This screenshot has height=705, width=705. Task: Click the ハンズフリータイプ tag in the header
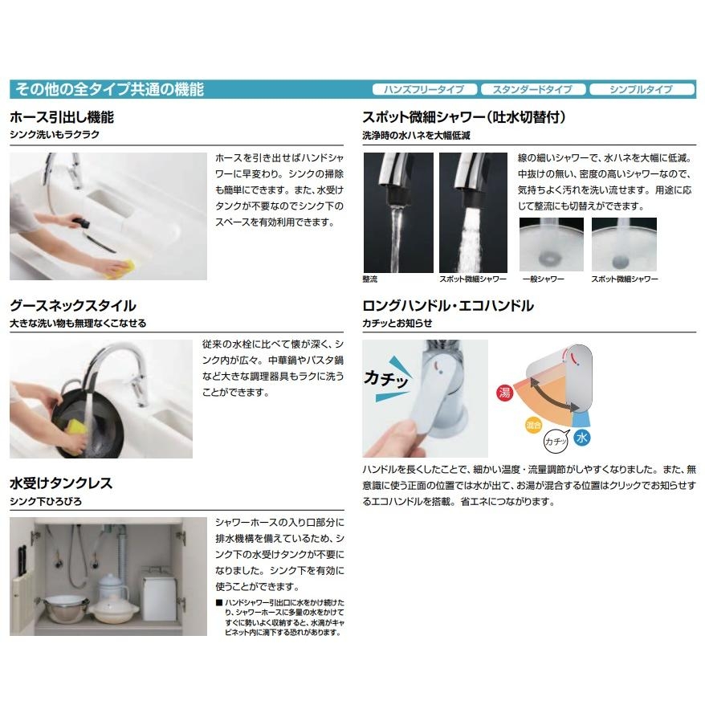(x=425, y=90)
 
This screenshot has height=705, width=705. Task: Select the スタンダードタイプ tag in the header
(x=532, y=90)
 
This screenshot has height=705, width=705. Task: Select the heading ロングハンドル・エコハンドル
(x=448, y=306)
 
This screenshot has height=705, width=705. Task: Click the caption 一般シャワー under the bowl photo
(x=543, y=279)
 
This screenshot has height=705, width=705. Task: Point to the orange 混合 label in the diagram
(x=532, y=423)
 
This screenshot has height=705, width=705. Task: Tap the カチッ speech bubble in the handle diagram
(x=554, y=441)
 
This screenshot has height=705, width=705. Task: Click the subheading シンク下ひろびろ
(x=45, y=501)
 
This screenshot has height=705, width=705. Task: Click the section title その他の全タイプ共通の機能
(x=107, y=89)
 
